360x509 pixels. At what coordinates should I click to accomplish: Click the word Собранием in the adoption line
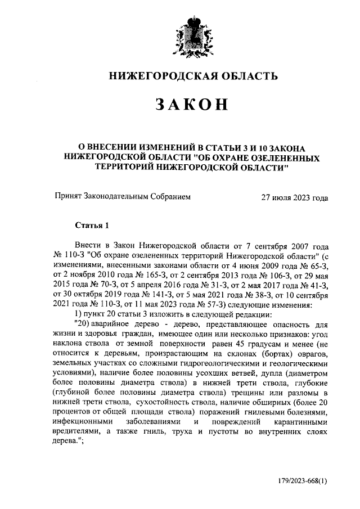coord(167,197)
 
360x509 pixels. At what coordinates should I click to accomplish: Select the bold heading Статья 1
coord(91,226)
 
